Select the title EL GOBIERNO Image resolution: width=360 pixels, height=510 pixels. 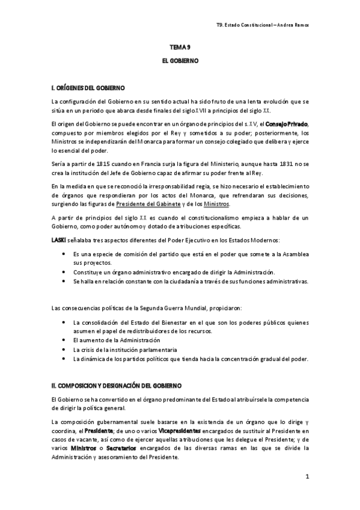[180, 61]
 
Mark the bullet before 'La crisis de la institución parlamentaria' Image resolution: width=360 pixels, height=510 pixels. [65, 349]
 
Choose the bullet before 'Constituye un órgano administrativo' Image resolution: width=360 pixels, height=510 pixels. [65, 272]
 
